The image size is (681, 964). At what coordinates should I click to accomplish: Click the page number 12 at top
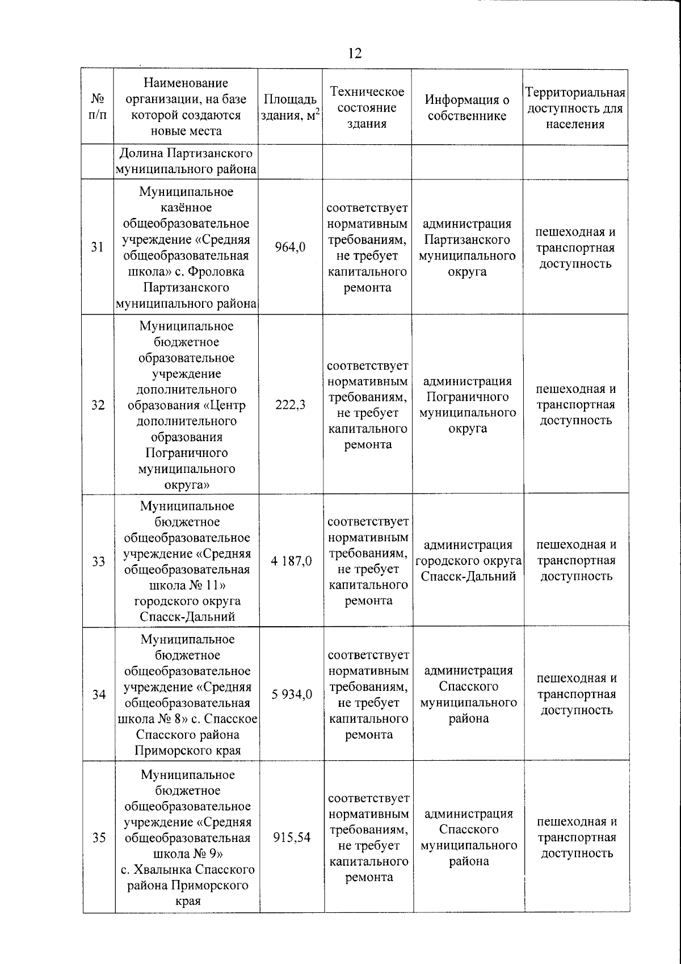pos(354,53)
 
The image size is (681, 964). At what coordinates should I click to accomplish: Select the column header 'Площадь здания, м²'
pos(290,107)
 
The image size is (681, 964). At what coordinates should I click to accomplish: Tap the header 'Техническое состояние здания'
pos(367,107)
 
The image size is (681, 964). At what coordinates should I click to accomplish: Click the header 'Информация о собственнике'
pos(467,107)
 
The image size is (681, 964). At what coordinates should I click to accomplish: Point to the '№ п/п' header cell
pos(98,107)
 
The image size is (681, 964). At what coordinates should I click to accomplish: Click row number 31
pos(98,247)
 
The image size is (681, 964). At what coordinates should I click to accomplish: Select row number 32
pos(98,405)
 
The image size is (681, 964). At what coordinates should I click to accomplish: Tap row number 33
pos(99,561)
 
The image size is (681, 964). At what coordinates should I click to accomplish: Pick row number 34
pos(99,694)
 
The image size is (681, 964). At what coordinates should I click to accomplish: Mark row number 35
pos(99,837)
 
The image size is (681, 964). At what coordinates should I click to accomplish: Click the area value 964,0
pos(290,247)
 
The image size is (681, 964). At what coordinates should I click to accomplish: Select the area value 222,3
pos(291,405)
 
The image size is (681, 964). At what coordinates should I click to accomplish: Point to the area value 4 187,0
pos(291,561)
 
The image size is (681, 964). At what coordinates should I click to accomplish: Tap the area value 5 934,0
pos(292,694)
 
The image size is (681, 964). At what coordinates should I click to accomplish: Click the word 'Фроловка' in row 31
pos(218,271)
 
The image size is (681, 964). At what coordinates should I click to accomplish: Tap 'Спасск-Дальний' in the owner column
pos(469,576)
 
